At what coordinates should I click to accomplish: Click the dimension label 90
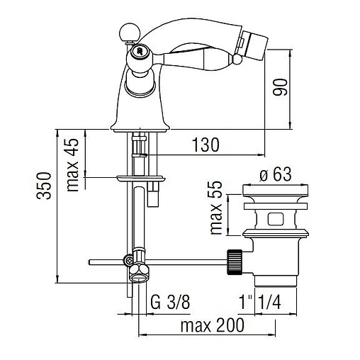[x=280, y=87]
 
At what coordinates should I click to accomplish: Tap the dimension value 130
[x=206, y=145]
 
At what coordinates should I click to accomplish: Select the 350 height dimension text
[x=44, y=186]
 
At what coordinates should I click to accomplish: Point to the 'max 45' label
[x=72, y=164]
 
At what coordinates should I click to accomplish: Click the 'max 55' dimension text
[x=216, y=208]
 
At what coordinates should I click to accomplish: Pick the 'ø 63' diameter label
[x=276, y=174]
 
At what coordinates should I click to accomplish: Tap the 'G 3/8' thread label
[x=170, y=302]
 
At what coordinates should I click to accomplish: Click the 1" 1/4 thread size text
[x=260, y=302]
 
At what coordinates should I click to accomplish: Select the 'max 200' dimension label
[x=212, y=325]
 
